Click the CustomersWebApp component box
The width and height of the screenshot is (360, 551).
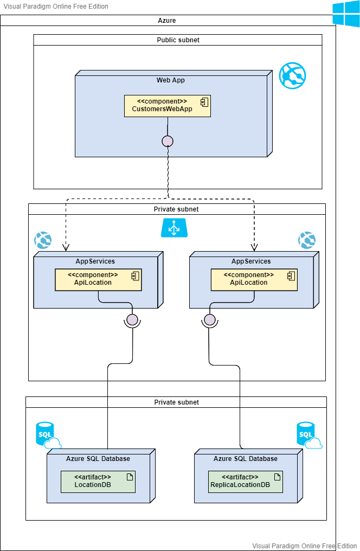click(167, 106)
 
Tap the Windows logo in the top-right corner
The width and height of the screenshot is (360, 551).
click(346, 14)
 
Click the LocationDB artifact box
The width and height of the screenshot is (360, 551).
click(97, 481)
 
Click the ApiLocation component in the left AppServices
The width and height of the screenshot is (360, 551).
click(98, 279)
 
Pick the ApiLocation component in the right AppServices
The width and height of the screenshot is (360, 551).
click(254, 279)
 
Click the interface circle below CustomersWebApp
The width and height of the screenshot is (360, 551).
click(168, 141)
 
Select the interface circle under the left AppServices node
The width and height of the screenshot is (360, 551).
click(132, 319)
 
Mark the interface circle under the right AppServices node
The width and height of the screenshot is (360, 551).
click(209, 319)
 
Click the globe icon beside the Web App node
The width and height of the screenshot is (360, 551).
click(292, 75)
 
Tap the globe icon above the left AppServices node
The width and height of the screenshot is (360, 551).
click(43, 240)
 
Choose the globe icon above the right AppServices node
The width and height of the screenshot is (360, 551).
click(307, 240)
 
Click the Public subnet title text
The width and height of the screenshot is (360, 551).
click(178, 40)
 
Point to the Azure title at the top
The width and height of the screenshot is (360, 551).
click(167, 21)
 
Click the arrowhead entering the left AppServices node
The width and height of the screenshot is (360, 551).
click(66, 248)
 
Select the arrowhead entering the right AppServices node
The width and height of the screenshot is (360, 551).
click(254, 248)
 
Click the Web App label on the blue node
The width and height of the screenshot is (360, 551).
click(171, 80)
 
